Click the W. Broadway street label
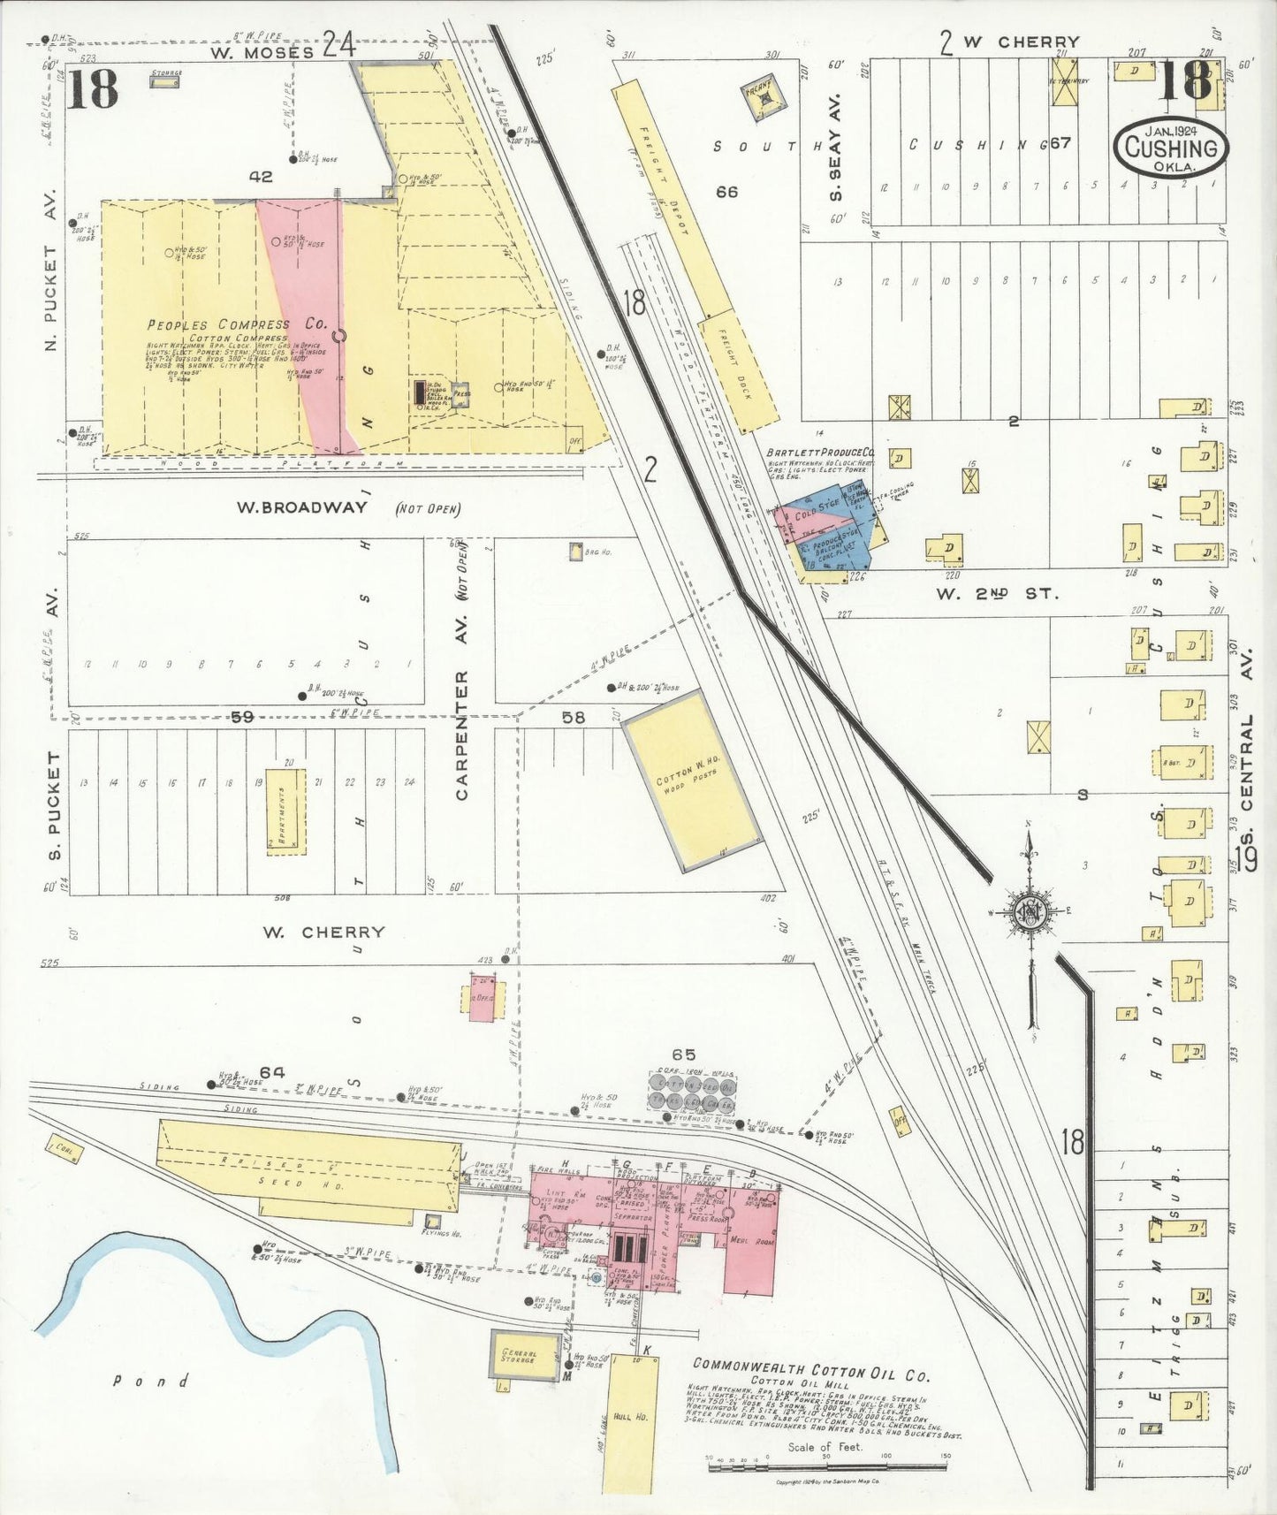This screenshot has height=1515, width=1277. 301,507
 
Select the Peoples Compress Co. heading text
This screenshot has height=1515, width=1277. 236,324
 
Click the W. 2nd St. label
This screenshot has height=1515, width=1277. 997,593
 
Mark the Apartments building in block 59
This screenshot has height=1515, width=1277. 286,811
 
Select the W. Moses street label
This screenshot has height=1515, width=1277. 262,51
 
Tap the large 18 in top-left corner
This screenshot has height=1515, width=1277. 92,89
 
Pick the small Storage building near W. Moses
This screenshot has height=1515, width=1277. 163,80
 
